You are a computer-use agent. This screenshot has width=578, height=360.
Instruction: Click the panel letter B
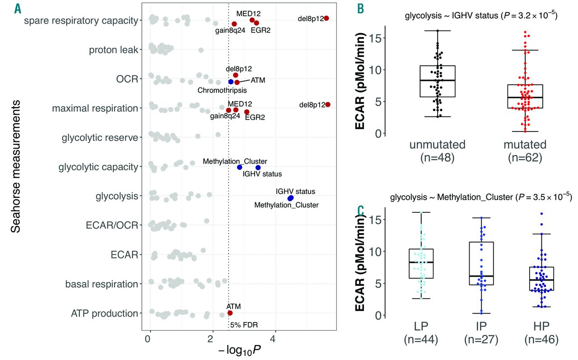[361, 8]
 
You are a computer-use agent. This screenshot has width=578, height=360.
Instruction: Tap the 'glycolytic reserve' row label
[100, 137]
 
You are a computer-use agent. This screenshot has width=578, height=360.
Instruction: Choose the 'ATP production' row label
[104, 313]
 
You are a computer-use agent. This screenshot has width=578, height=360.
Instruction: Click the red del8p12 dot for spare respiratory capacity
[326, 18]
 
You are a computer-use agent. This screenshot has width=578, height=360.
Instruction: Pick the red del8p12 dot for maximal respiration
[327, 105]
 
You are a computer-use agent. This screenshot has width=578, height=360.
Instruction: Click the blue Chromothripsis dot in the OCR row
[231, 82]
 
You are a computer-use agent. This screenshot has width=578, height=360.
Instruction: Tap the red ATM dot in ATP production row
[230, 313]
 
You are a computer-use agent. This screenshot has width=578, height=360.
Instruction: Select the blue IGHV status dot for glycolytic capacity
[257, 167]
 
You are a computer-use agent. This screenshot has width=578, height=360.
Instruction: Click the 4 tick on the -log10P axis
[273, 338]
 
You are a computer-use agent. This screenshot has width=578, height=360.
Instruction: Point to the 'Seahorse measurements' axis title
[16, 167]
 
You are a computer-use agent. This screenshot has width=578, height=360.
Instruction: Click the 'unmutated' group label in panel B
[438, 145]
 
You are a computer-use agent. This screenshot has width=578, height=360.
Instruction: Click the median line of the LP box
[421, 262]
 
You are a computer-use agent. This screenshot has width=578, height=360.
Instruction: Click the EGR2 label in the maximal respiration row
[255, 117]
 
